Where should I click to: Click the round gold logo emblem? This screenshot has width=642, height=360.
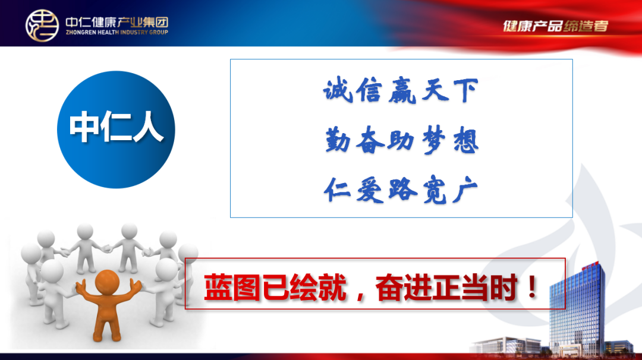tap(42, 26)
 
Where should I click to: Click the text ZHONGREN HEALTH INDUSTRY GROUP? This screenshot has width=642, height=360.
tap(117, 32)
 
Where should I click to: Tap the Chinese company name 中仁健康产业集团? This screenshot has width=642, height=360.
tap(117, 21)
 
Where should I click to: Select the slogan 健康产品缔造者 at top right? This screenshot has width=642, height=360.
tap(556, 26)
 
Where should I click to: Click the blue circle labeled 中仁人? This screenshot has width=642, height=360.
tap(116, 130)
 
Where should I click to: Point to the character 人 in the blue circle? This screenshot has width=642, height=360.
tap(148, 127)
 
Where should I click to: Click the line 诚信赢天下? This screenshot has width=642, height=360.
tap(401, 90)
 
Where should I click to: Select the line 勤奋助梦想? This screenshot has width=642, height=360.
tap(402, 140)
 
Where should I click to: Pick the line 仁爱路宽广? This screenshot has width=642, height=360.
tap(401, 190)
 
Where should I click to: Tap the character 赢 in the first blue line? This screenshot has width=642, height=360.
tap(402, 90)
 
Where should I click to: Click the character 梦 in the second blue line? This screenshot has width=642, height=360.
tap(433, 140)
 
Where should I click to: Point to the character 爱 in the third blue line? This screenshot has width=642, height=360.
tap(370, 190)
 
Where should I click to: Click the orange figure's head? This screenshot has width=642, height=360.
tap(107, 282)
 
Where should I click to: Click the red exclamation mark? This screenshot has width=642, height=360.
tap(532, 287)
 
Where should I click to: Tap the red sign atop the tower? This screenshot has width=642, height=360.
tap(590, 265)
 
